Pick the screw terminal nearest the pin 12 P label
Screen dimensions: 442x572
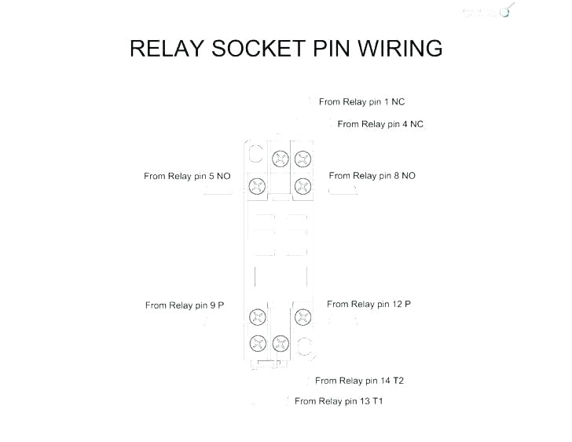click(x=302, y=316)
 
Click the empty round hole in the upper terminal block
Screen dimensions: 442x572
click(x=255, y=153)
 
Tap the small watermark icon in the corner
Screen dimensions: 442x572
click(x=508, y=10)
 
